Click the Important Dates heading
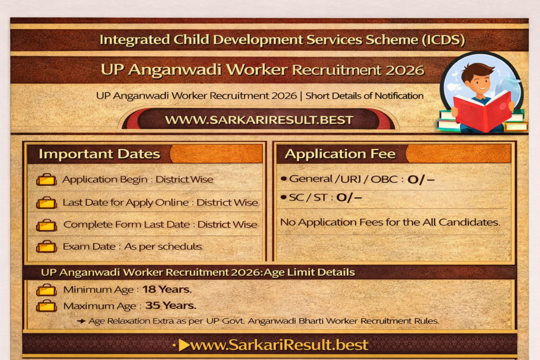(99, 154)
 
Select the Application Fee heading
(340, 153)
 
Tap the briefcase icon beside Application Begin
(46, 180)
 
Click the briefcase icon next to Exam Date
(46, 247)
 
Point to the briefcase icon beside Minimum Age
(46, 290)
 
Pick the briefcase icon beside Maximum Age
(46, 306)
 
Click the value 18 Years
(167, 289)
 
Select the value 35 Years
(170, 305)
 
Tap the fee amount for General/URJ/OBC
(421, 179)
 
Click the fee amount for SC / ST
(349, 198)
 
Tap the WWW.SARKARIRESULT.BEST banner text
(259, 120)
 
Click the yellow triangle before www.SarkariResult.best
(184, 345)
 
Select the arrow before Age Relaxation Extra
(81, 321)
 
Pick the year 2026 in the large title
(405, 70)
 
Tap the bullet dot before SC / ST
(284, 197)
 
